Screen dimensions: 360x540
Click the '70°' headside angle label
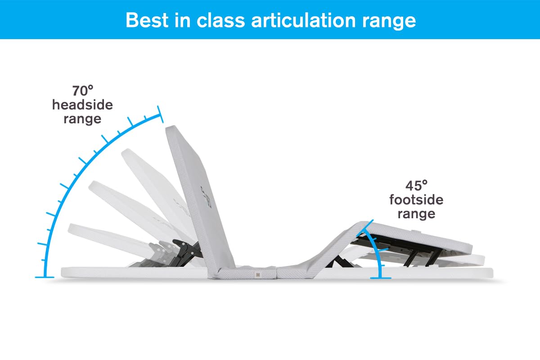click(83, 91)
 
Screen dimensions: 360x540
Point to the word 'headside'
click(83, 105)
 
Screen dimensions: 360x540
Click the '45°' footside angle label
click(416, 185)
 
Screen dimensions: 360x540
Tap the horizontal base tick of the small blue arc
click(380, 278)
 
